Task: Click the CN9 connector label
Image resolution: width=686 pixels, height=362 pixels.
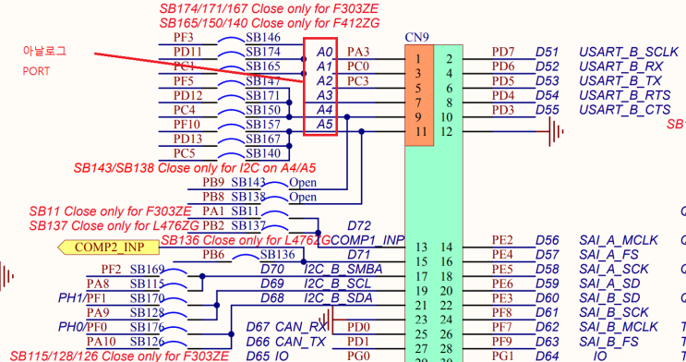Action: point(417,38)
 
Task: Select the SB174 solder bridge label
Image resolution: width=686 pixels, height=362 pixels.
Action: point(263,52)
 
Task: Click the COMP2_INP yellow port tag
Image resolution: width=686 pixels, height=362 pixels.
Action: point(108,247)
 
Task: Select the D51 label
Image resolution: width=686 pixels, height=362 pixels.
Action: point(547,52)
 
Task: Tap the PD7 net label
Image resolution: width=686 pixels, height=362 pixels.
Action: point(503,52)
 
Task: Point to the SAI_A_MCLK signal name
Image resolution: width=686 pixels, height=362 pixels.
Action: point(619,240)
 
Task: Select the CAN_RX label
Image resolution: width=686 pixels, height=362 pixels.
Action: point(306,327)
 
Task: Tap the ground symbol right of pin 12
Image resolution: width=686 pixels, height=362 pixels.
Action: point(554,134)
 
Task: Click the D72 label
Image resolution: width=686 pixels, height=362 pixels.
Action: point(359,225)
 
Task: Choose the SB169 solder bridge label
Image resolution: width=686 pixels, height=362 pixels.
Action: point(146,269)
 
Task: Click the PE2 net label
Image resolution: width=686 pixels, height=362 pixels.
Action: point(502,240)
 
